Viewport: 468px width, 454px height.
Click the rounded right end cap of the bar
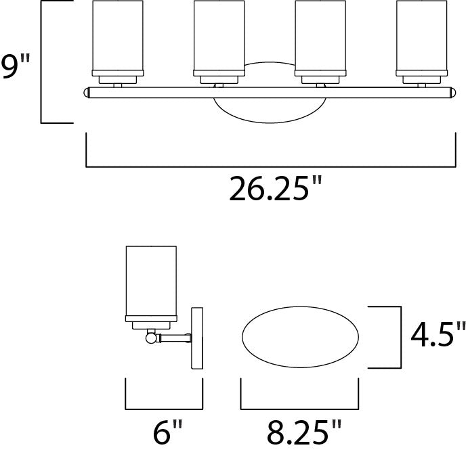[x=453, y=93]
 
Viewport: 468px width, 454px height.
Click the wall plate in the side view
[x=197, y=338]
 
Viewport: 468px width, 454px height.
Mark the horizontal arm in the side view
[x=175, y=336]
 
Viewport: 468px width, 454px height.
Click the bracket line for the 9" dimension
[x=42, y=62]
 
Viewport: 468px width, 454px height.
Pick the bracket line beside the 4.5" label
[x=396, y=337]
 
